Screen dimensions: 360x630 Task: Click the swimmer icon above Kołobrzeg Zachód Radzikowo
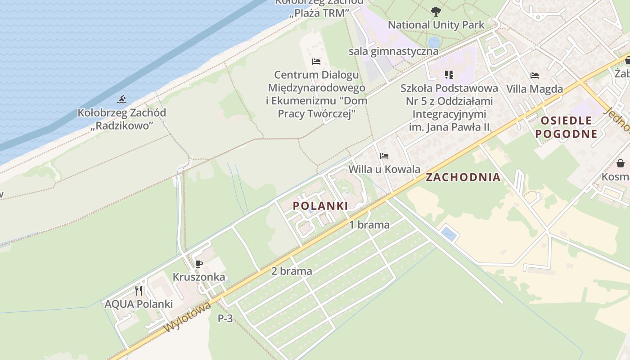(x=121, y=99)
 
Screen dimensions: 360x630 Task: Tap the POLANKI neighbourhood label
(x=320, y=206)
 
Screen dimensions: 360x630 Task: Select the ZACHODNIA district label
(x=463, y=177)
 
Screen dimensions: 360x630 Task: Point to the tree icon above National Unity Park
(x=436, y=12)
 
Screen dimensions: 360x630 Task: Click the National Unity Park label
(x=436, y=25)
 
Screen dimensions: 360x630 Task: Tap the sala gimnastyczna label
(x=393, y=51)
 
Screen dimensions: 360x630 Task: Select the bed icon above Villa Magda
(x=535, y=76)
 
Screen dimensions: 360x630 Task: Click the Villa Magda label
(x=535, y=89)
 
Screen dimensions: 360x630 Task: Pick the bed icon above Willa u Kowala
(x=384, y=156)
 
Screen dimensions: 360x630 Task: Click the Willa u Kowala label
(x=384, y=170)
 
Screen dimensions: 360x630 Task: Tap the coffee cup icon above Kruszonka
(x=198, y=264)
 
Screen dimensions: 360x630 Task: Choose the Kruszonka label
(x=199, y=277)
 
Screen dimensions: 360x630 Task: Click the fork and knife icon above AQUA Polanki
(x=139, y=291)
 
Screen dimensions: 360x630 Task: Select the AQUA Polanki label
(x=139, y=304)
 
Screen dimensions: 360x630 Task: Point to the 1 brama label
(x=369, y=225)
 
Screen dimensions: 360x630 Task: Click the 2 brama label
(x=292, y=271)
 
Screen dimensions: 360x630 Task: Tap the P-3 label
(x=225, y=319)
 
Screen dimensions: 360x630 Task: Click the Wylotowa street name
(x=187, y=318)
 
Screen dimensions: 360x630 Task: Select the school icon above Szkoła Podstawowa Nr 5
(x=449, y=75)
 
